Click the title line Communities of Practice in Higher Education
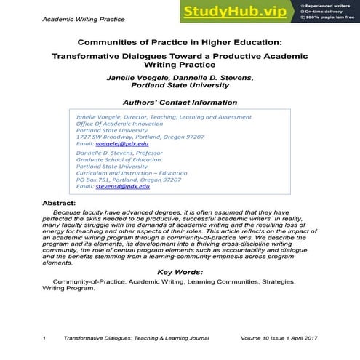(179, 41)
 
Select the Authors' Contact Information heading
(180, 103)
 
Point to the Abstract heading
(60, 204)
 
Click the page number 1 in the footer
(45, 338)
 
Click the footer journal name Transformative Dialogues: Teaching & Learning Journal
(137, 338)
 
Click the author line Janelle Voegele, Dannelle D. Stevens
(180, 76)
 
